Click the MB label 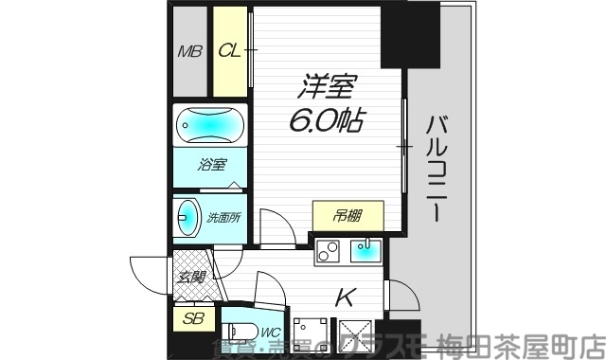click(189, 51)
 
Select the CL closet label click(228, 51)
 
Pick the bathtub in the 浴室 click(208, 126)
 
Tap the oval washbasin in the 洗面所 click(186, 217)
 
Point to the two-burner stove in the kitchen click(329, 254)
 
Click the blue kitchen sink click(365, 252)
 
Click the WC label click(268, 332)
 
